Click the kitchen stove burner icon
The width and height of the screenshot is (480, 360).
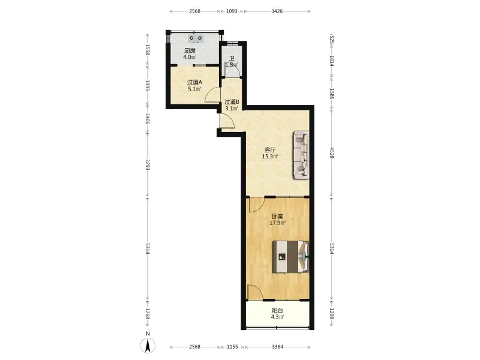coord(196,38)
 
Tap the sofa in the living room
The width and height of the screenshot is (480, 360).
coord(301,155)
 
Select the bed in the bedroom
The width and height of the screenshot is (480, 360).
coord(290,256)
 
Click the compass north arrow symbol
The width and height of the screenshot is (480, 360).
coord(148,346)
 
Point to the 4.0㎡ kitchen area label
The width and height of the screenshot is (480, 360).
coord(190,57)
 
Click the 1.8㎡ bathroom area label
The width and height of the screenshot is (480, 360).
coord(232,65)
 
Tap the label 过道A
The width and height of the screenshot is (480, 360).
coord(194,82)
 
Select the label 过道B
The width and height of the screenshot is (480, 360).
coord(232,102)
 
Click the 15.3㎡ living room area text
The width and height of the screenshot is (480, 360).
coord(270,157)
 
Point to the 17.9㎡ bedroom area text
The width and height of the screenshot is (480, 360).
coord(278,223)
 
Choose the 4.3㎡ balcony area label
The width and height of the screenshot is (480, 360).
coord(277,317)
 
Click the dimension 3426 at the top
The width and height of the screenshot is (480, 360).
coord(277,11)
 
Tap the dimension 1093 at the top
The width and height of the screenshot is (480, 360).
coord(232,11)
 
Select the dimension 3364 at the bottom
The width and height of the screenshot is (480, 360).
coord(277,347)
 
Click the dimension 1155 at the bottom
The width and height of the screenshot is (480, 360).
coord(232,347)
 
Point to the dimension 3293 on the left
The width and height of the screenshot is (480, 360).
coord(148,164)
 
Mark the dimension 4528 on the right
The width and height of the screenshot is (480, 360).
coord(332,152)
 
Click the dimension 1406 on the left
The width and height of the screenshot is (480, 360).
coord(148,118)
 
